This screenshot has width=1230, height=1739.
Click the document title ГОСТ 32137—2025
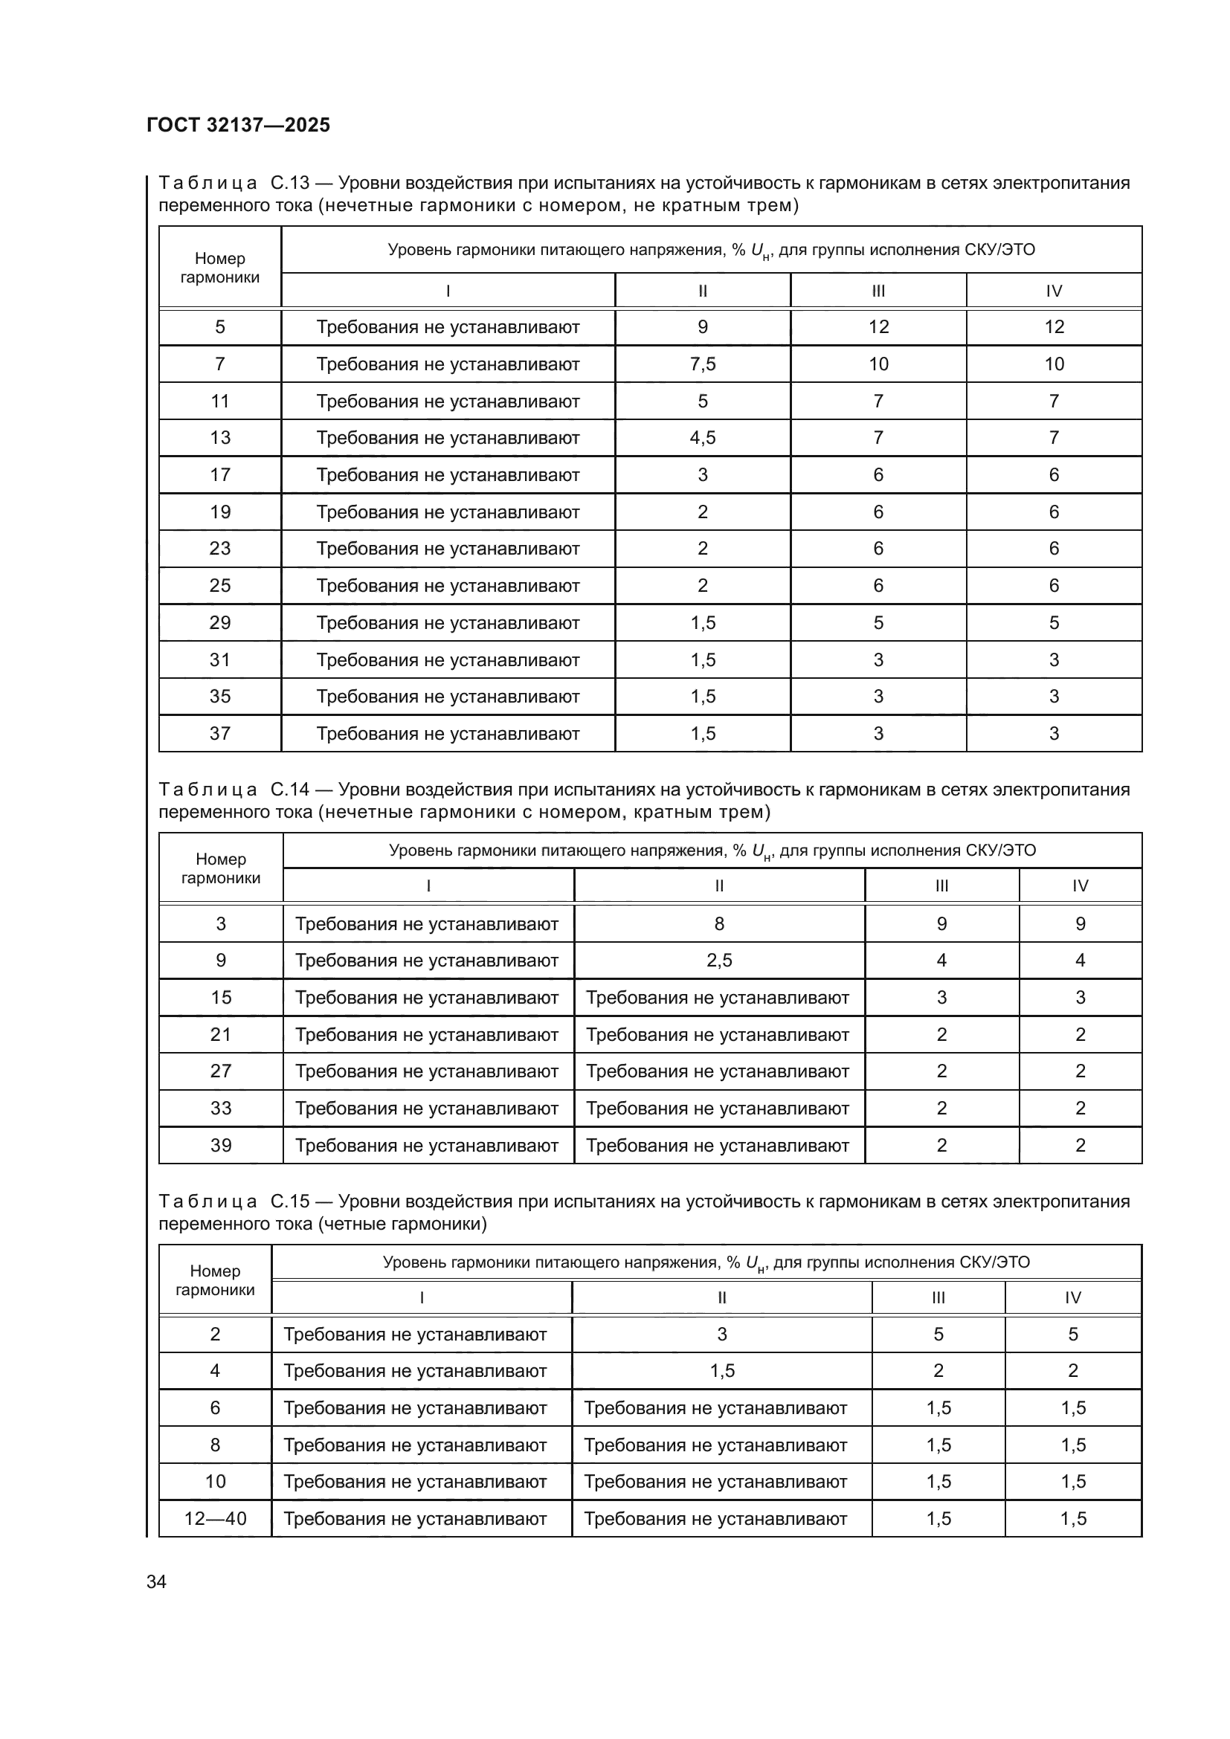[x=238, y=125]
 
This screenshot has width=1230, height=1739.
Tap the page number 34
[x=156, y=1582]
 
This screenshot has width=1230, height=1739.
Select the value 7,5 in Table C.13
[x=702, y=364]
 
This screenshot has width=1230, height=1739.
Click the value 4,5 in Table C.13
[x=702, y=438]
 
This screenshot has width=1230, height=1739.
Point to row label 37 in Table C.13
[x=219, y=733]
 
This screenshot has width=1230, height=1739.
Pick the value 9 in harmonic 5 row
[x=702, y=327]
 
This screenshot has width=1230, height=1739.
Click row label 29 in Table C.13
[x=219, y=622]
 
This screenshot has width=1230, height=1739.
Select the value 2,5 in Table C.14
[x=719, y=961]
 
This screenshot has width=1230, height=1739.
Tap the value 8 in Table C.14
[x=719, y=923]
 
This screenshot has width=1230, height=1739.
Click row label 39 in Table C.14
[x=220, y=1145]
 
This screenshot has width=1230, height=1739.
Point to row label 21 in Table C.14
[x=220, y=1035]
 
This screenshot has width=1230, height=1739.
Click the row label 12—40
[x=215, y=1519]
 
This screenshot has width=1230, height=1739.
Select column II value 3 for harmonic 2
[x=722, y=1335]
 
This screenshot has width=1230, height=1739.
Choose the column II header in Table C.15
[x=722, y=1297]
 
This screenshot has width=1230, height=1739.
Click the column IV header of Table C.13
[x=1054, y=291]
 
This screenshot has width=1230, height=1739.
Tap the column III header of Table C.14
[x=941, y=885]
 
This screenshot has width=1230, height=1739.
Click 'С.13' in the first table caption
[x=289, y=184]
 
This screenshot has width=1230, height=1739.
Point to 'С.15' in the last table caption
[x=289, y=1202]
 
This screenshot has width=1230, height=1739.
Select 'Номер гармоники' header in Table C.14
[x=220, y=868]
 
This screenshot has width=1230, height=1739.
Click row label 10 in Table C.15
[x=215, y=1482]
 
